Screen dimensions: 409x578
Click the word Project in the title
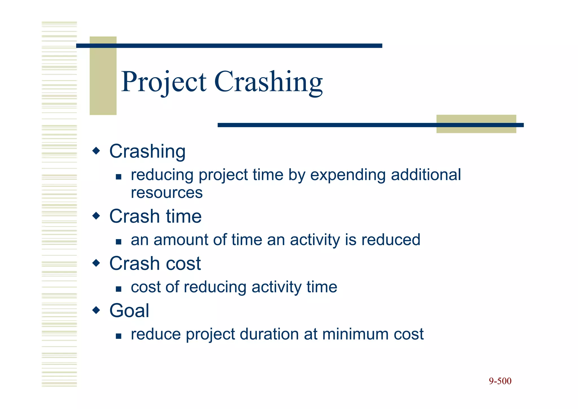[x=164, y=82]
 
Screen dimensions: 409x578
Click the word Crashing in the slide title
[x=268, y=82]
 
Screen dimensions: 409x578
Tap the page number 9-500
[x=500, y=381]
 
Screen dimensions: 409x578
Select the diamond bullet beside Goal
[x=96, y=310]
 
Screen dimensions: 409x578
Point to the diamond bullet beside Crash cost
[x=96, y=263]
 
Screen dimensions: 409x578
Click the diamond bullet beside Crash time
[x=96, y=216]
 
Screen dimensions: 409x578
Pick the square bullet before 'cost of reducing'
[x=119, y=289]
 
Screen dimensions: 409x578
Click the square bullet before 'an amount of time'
[x=119, y=242]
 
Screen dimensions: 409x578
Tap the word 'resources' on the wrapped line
[x=167, y=193]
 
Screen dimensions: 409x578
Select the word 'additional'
[x=426, y=175]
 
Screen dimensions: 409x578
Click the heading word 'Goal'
[x=129, y=311]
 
